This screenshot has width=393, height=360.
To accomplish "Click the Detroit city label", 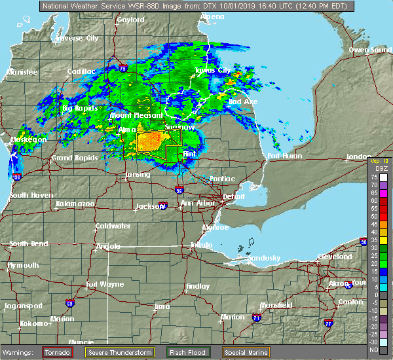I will coord(234,196).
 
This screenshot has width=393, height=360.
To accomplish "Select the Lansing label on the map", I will coord(138,175).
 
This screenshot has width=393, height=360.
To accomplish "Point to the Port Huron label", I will coord(283,156).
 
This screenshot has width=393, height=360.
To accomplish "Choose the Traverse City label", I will coord(78,39).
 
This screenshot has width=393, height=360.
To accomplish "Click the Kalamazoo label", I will coord(75,204).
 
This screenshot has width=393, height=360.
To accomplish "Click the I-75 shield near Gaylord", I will coord(123,67).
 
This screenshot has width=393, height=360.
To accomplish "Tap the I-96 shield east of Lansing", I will coord(179,190).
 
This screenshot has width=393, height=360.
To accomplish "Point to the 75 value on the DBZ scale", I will coord(373,177).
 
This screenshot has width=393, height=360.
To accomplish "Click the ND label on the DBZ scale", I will coord(373,350).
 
